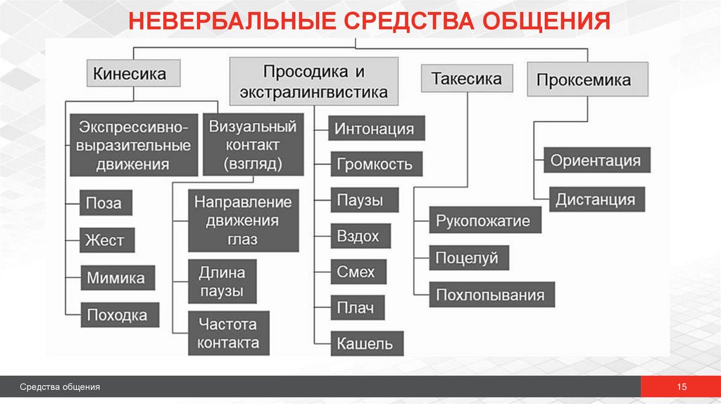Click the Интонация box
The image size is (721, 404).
tap(374, 130)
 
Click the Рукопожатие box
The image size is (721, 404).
tap(483, 221)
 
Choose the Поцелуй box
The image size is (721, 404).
tap(467, 258)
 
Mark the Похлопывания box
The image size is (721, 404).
tap(490, 294)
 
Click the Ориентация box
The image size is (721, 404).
tap(596, 160)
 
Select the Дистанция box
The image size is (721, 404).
tap(595, 198)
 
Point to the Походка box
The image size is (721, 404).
tap(117, 314)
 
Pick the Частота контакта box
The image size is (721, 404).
tap(228, 334)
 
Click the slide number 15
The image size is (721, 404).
tap(681, 387)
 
